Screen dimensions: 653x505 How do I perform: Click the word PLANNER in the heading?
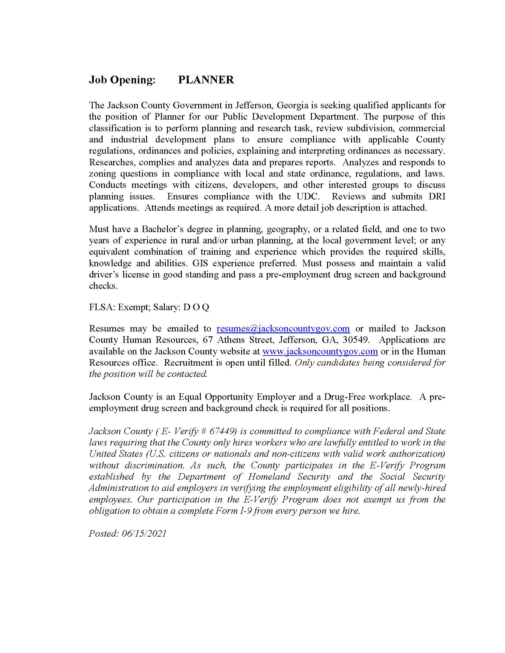point(206,80)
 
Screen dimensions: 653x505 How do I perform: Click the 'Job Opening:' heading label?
point(122,80)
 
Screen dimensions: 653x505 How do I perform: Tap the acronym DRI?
point(437,196)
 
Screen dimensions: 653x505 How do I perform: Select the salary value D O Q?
point(196,308)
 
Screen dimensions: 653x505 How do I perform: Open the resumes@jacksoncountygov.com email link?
point(283,329)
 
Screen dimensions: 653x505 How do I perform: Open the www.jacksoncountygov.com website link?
point(320,351)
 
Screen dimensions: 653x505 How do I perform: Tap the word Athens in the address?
point(231,340)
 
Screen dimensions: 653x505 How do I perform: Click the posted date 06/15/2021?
point(144,534)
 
